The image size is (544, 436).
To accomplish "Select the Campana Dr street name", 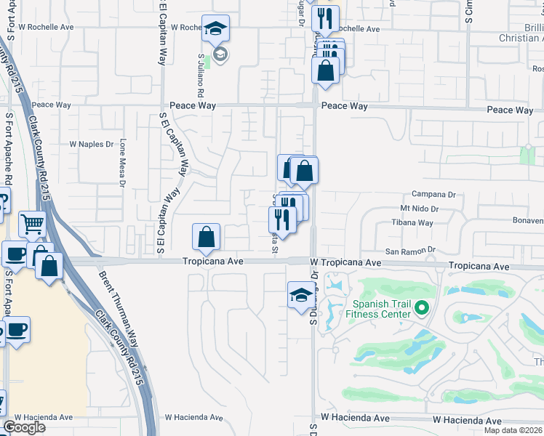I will click(433, 194).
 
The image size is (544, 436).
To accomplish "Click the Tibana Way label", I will click(412, 223).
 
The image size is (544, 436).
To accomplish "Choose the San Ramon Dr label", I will click(409, 251).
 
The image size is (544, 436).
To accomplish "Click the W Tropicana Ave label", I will click(345, 262).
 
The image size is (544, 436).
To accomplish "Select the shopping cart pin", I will click(32, 224).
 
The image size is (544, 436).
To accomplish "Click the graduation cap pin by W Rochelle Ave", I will click(215, 28).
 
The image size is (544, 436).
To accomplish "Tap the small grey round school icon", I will click(221, 53).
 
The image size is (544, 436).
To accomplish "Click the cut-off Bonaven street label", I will click(529, 219).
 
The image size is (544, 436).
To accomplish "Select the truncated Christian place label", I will click(521, 38).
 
